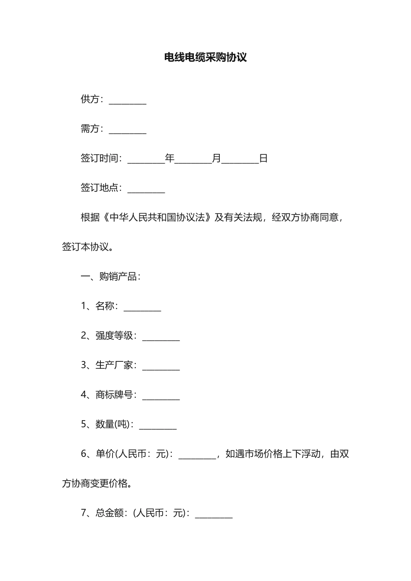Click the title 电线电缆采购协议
pos(205,57)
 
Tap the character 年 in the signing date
pos(170,159)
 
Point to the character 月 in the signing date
pos(216,159)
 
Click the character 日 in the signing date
pos(263,159)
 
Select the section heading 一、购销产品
pos(110,277)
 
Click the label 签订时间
pos(99,159)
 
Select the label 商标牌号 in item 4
pos(114,395)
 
